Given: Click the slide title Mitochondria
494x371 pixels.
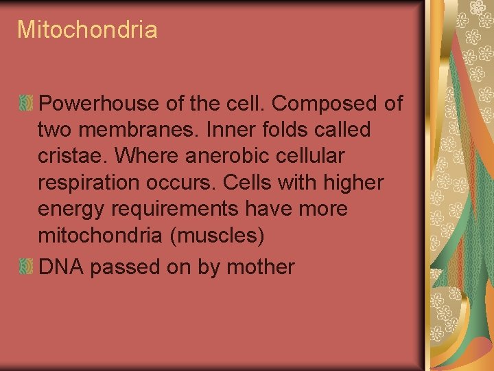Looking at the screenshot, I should click(87, 30).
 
